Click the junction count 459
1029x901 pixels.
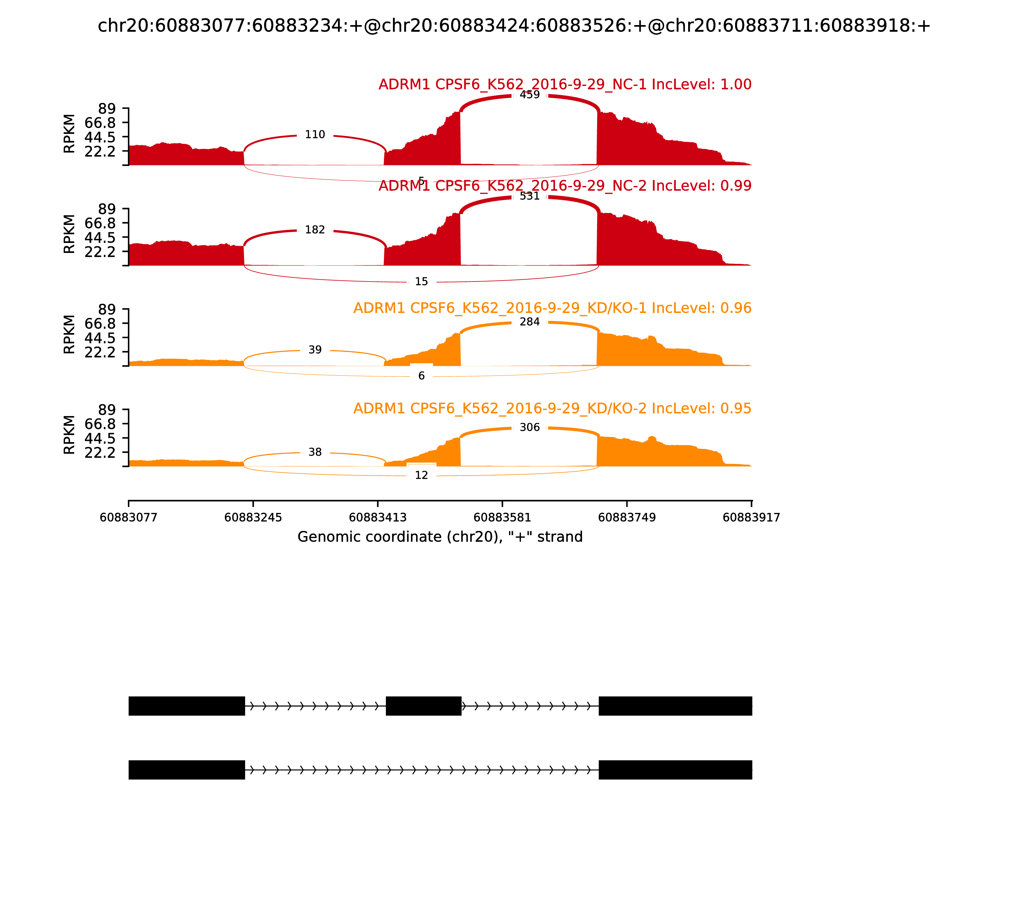(530, 95)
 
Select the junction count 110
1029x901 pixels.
(315, 135)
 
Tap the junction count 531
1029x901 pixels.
(530, 196)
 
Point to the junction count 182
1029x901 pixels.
(315, 230)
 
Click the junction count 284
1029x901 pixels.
(530, 322)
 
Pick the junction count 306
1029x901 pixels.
(530, 427)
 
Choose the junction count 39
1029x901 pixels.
(315, 350)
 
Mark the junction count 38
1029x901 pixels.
(315, 452)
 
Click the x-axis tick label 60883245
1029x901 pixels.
(253, 517)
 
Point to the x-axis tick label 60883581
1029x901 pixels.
(502, 517)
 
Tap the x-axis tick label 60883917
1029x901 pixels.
(751, 517)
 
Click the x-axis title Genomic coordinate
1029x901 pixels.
(440, 537)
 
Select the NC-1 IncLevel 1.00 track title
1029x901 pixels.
(565, 84)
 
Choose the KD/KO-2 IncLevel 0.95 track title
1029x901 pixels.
(552, 408)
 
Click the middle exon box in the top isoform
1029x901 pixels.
(423, 706)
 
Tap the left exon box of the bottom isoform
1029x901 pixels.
(187, 770)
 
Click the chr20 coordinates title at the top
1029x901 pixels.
(514, 26)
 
